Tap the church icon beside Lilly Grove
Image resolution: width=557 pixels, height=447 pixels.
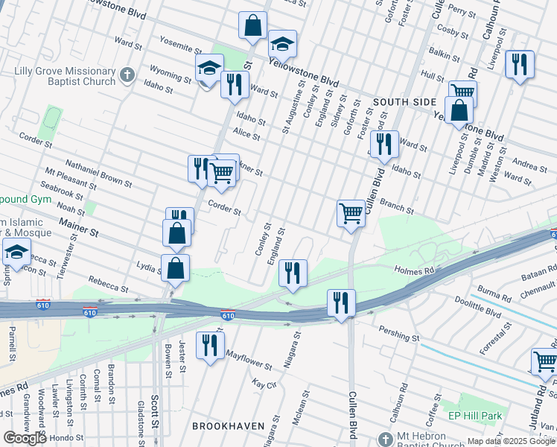(127, 74)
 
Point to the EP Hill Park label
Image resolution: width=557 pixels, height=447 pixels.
(477, 415)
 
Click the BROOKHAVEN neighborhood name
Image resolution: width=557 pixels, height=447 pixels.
(229, 425)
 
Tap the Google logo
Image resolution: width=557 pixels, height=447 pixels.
(25, 437)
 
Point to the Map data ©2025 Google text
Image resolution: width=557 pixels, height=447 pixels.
(511, 441)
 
